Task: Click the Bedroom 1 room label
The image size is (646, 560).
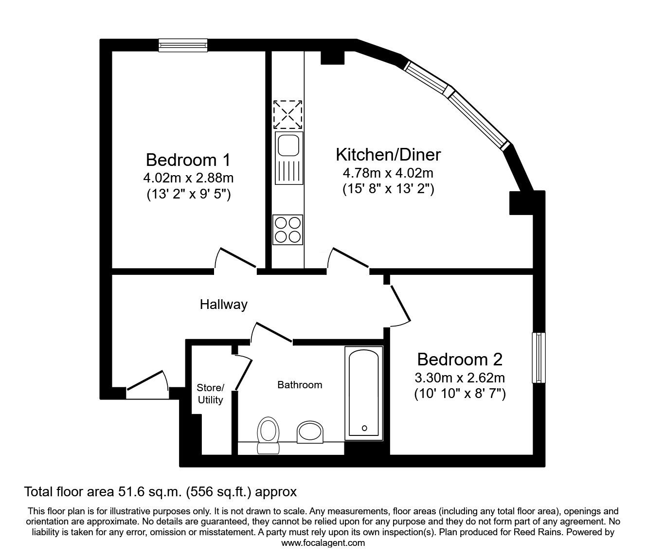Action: click(x=188, y=160)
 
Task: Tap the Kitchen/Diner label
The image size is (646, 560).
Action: click(x=388, y=155)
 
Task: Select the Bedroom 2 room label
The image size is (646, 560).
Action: click(x=460, y=360)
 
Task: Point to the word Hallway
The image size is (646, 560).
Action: click(x=224, y=305)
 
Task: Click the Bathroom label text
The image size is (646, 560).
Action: click(x=300, y=385)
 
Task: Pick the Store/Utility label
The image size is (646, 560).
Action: click(x=210, y=394)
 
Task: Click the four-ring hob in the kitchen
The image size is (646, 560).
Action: click(x=288, y=229)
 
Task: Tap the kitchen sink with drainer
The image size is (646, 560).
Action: click(x=288, y=158)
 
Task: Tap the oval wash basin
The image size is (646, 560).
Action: click(x=310, y=432)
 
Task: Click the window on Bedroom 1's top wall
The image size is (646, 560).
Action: click(x=183, y=45)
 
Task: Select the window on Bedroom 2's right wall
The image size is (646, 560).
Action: click(x=538, y=358)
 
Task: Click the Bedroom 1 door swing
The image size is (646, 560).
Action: click(x=235, y=258)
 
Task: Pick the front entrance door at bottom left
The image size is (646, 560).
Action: click(x=146, y=382)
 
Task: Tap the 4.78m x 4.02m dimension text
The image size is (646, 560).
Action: click(x=388, y=173)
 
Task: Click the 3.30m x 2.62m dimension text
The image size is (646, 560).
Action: click(x=460, y=378)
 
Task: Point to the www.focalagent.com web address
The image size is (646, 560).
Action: click(x=323, y=543)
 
